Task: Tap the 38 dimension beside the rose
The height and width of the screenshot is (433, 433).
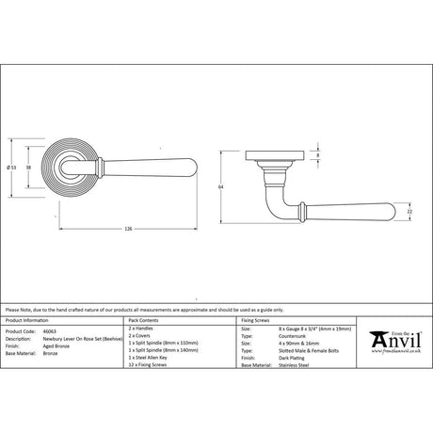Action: [x=28, y=168]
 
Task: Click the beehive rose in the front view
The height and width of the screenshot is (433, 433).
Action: [x=67, y=168]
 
